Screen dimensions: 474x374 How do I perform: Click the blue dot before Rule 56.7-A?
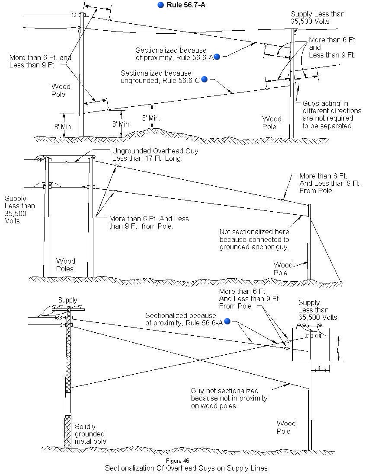pos(161,5)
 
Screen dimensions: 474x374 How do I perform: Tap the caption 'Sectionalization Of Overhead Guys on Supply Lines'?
pos(186,468)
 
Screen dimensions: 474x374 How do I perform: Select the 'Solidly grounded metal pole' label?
pos(90,433)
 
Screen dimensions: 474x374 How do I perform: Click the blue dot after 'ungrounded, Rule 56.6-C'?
pos(205,79)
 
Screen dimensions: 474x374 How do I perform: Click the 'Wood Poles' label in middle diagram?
pos(65,265)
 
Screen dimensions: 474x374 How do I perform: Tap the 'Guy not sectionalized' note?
pos(229,398)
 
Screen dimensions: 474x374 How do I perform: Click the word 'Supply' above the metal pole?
pos(67,300)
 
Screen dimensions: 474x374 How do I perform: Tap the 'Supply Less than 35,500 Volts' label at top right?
pos(317,18)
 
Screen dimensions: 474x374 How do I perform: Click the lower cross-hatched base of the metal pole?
pos(67,431)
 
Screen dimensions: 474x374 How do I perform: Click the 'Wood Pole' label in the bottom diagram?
pos(286,427)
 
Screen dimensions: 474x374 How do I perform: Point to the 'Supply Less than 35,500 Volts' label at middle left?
pos(19,210)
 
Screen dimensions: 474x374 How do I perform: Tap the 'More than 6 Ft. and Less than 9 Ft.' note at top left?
pos(40,61)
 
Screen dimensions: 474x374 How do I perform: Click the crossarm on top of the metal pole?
pos(68,309)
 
